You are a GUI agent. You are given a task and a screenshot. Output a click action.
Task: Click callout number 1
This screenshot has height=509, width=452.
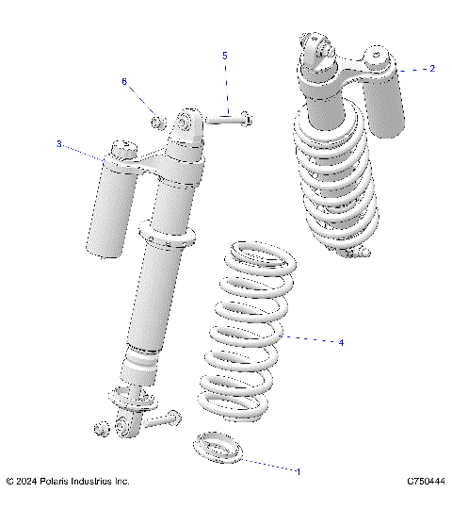(x=299, y=470)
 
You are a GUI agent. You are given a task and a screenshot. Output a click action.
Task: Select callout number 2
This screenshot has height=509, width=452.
(x=431, y=69)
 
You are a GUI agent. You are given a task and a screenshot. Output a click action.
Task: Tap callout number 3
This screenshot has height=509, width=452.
(x=58, y=144)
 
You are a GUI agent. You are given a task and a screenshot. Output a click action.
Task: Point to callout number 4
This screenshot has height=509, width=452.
(x=340, y=342)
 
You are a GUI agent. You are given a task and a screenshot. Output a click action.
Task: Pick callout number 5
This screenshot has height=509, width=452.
(x=224, y=57)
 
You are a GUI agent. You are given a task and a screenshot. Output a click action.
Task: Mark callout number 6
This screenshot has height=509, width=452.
(x=123, y=82)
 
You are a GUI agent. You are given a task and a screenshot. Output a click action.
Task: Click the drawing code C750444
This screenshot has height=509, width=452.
(x=426, y=482)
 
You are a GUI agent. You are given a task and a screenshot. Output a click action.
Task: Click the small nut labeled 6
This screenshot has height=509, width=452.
(x=158, y=121)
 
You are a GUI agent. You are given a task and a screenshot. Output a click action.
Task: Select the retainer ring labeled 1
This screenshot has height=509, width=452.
(x=217, y=447)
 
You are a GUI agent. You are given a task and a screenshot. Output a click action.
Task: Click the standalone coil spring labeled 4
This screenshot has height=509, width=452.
(x=241, y=339)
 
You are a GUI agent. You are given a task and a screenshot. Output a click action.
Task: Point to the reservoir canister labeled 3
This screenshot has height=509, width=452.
(x=111, y=207)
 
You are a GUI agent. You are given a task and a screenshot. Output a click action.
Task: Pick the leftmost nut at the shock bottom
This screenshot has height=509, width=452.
(x=101, y=430)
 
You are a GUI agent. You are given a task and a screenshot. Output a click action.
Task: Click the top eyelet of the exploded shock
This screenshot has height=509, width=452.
(x=186, y=123)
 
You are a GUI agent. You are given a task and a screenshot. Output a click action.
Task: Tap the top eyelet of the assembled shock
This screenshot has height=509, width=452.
(x=314, y=47)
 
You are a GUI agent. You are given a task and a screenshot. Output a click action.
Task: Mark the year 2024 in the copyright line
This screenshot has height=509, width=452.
(x=28, y=482)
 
